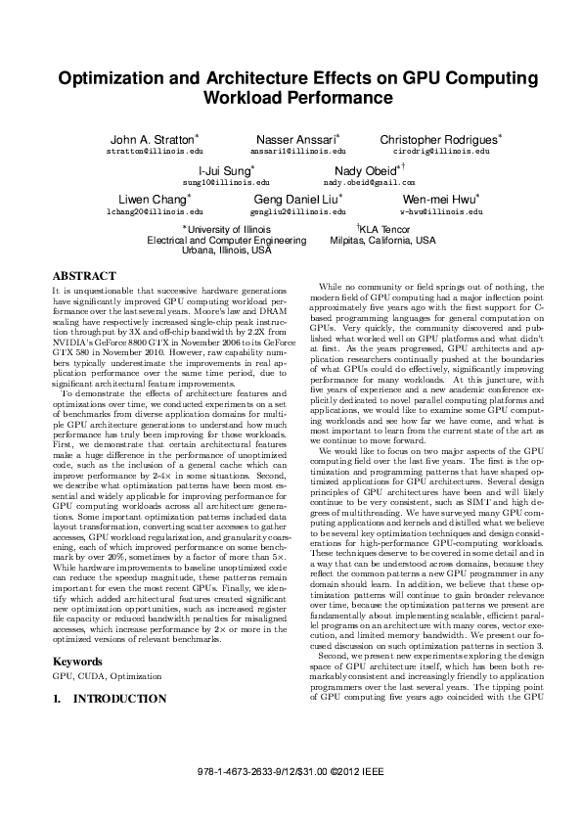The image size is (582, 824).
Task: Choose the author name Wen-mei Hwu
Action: [x=437, y=199]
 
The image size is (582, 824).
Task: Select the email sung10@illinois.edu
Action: [x=216, y=183]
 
